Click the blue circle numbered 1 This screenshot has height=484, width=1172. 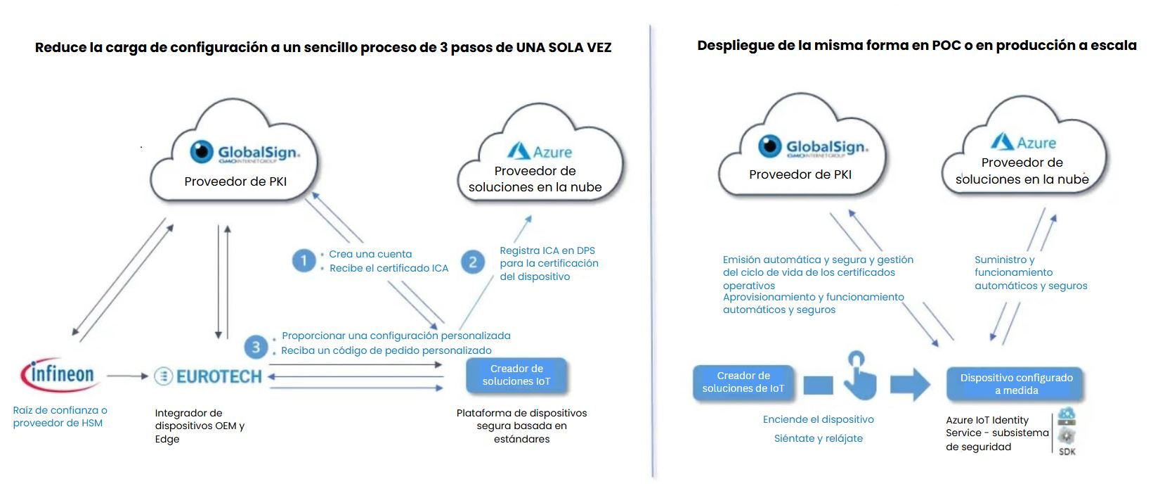click(304, 261)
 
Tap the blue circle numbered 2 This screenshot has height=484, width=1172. click(473, 262)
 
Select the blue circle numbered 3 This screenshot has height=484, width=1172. click(256, 347)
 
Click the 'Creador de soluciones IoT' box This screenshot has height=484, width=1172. click(516, 375)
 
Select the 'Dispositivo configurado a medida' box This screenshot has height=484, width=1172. click(1016, 384)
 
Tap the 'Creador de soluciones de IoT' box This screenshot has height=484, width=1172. click(743, 382)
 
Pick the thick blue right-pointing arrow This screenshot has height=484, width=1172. click(910, 383)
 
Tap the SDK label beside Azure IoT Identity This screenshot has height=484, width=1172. click(1067, 452)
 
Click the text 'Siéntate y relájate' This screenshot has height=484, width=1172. click(818, 438)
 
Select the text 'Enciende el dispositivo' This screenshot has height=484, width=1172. click(818, 419)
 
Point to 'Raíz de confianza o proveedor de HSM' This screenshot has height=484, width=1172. click(60, 416)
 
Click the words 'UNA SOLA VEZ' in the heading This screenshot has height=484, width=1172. click(564, 48)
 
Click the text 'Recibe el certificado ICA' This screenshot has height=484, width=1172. click(389, 268)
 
